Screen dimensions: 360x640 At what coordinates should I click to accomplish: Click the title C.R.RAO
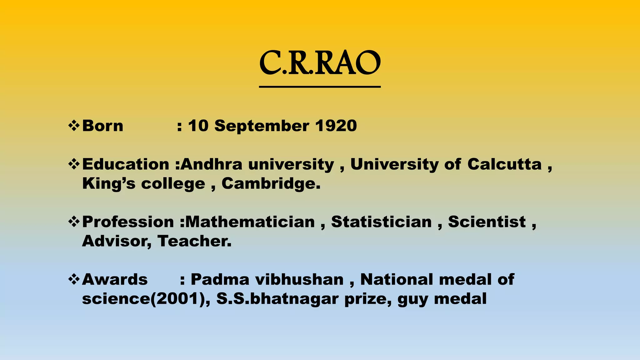(320, 63)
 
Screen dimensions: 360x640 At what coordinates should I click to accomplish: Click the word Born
(102, 126)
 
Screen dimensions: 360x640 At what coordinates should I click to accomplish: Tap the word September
(262, 126)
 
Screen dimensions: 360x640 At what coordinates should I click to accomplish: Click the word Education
(126, 164)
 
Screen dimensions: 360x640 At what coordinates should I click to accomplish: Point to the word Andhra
(212, 164)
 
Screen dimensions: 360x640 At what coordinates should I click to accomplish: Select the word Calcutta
(504, 164)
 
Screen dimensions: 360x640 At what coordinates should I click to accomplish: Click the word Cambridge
(271, 183)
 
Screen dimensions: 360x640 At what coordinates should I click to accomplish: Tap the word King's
(109, 183)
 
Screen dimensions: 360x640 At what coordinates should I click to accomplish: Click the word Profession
(128, 222)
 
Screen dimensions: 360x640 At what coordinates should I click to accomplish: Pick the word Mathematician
(250, 222)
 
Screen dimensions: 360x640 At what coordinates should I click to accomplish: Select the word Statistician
(381, 222)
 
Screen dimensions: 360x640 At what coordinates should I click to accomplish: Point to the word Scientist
(487, 222)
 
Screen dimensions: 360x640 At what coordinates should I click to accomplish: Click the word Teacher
(194, 241)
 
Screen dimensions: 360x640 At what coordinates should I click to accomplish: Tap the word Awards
(115, 279)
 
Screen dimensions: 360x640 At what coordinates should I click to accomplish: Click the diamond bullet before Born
(74, 126)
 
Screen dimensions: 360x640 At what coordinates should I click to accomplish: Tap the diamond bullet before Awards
(74, 279)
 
